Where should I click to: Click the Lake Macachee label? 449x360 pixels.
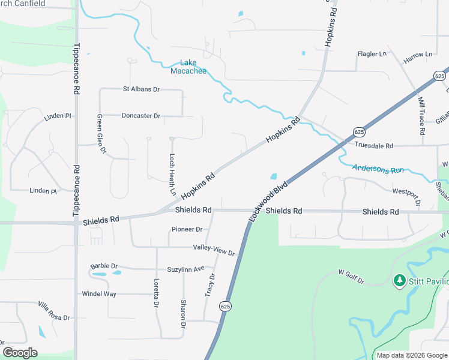point(188,67)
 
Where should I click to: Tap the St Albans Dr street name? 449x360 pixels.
point(141,89)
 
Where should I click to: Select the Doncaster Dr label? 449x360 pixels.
point(141,116)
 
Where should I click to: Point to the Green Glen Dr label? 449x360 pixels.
point(101,133)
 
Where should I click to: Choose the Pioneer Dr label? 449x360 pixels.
point(187,229)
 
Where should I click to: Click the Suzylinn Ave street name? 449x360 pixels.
point(186,268)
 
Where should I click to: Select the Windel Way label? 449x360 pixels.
point(99,294)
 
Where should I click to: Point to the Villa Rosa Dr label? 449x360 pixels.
point(55,314)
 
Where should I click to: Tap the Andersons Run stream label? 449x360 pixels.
point(378,170)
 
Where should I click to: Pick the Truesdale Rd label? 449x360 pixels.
point(373,146)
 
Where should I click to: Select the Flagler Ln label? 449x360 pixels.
point(372,54)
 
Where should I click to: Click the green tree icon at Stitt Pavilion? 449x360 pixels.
point(399,280)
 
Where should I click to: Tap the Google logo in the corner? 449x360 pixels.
point(20,353)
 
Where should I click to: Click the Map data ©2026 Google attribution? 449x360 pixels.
point(412,355)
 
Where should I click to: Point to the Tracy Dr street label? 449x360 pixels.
point(209,284)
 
